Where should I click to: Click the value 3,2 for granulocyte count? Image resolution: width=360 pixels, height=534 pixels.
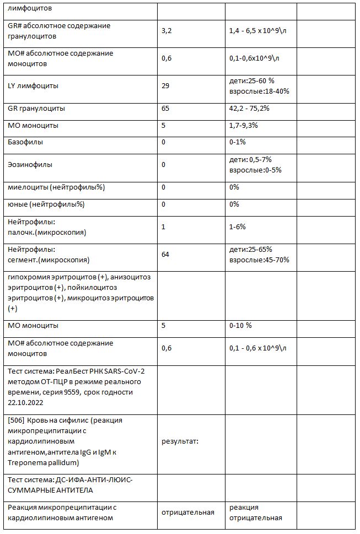166,31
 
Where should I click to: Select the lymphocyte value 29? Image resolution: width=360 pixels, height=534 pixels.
165,85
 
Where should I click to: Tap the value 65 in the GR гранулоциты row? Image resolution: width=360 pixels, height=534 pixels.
165,108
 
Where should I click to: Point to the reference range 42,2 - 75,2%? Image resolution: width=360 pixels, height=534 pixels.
249,108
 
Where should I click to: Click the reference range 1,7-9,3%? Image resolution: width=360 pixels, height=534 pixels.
245,126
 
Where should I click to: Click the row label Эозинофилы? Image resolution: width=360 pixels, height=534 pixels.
30,164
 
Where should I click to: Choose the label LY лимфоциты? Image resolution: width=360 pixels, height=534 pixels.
34,85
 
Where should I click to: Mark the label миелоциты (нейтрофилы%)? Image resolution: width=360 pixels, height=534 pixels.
56,187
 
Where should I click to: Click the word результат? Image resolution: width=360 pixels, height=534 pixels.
180,441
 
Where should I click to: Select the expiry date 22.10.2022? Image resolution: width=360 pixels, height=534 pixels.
27,401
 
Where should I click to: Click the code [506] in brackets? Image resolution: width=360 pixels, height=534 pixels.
17,420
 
